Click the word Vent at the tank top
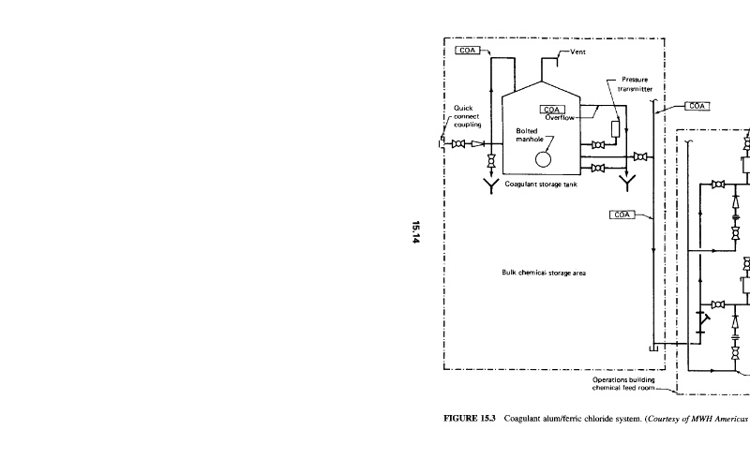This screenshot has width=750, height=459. pos(577,53)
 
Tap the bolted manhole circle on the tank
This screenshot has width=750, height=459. pos(544,158)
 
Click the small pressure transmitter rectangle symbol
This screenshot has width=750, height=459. pos(615,128)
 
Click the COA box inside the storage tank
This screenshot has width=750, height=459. pos(553,109)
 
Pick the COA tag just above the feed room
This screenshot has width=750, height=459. pos(697,106)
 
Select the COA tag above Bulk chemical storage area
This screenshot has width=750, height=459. pos(622,215)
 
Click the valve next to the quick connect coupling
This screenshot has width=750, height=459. pos(459,144)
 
